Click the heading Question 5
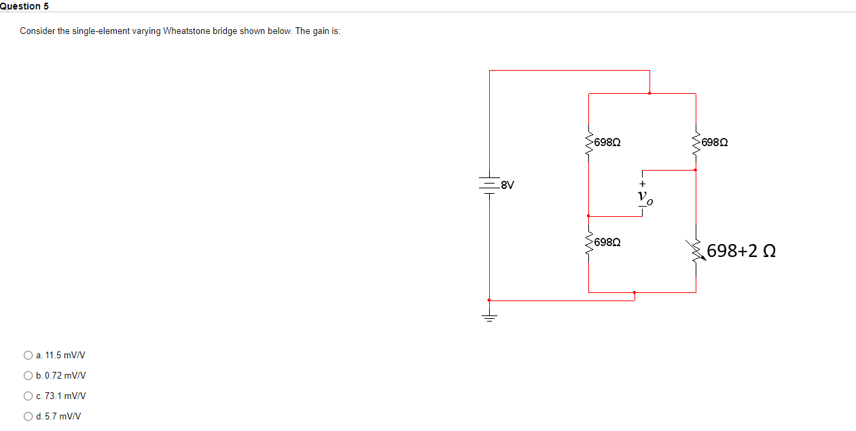point(24,6)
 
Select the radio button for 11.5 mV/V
point(28,355)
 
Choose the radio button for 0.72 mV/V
point(28,375)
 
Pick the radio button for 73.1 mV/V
point(28,396)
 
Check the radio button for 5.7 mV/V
point(28,417)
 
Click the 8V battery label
point(507,184)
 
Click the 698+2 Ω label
point(741,252)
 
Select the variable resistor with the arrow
point(696,249)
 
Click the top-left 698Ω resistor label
point(607,143)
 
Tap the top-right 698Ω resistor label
point(715,143)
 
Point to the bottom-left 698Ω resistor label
point(607,242)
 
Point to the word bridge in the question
point(224,31)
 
